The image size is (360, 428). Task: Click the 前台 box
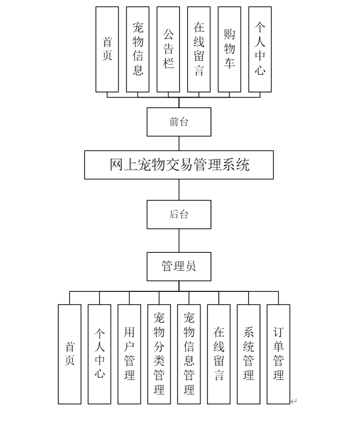tap(178, 122)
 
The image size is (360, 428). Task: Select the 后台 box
tap(178, 214)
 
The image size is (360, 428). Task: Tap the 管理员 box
tap(178, 266)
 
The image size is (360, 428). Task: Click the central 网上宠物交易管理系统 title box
tap(178, 165)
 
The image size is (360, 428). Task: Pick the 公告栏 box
tap(168, 49)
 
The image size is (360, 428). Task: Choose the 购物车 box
tap(229, 49)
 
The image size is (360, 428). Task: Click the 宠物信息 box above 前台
tap(137, 49)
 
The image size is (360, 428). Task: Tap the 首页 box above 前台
tap(107, 49)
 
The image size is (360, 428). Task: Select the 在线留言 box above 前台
tap(198, 49)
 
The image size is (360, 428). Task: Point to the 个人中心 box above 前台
tap(259, 49)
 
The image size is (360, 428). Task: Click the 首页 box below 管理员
tap(69, 354)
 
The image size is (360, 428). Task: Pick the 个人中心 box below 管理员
tap(99, 354)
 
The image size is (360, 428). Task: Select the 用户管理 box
tap(129, 354)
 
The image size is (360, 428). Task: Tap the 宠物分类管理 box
tap(159, 354)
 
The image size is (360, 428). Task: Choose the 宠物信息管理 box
tap(188, 354)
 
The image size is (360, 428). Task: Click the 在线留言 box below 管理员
tap(218, 354)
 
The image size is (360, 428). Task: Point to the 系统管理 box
tap(248, 354)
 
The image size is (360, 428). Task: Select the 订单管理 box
tap(278, 354)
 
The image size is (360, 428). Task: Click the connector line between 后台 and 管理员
tap(179, 240)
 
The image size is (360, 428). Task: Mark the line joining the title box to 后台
tap(179, 190)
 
